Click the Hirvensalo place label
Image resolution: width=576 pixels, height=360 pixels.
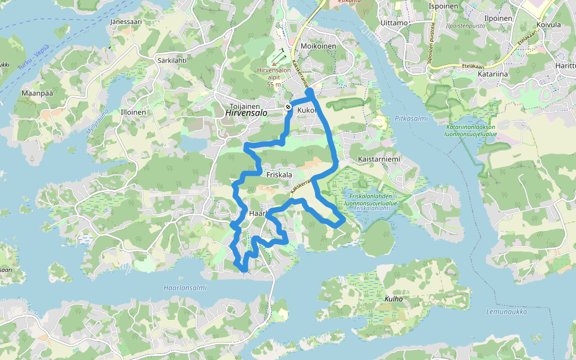tap(247, 112)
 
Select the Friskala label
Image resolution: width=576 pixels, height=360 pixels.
tap(278, 175)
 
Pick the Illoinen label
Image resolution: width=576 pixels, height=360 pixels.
tap(133, 112)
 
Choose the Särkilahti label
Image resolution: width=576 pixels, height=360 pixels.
tap(172, 61)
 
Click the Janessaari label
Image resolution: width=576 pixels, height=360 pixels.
tap(125, 22)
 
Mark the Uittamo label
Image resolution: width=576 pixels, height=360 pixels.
tap(394, 23)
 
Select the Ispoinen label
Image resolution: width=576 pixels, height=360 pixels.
tap(443, 7)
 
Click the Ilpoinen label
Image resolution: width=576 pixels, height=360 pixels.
tap(497, 19)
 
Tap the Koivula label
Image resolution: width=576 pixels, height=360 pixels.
tap(549, 25)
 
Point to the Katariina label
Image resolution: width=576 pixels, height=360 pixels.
tap(493, 74)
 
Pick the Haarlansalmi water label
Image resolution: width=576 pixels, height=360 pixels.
tap(185, 288)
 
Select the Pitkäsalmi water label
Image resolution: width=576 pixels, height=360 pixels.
tap(412, 118)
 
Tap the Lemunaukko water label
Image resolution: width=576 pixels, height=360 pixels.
tap(506, 311)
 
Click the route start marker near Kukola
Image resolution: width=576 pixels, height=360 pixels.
tap(289, 107)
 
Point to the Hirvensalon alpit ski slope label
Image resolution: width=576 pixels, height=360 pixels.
tap(274, 74)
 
